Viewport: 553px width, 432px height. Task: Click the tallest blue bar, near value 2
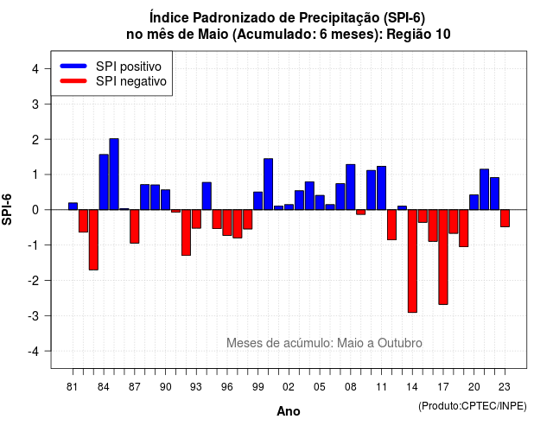click(114, 175)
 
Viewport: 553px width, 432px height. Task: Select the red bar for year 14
click(412, 261)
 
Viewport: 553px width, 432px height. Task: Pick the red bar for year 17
click(443, 257)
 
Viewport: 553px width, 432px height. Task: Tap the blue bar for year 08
click(351, 187)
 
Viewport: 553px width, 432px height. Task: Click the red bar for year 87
click(135, 226)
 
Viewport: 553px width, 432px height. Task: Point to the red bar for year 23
click(505, 219)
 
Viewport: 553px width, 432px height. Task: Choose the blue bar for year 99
click(257, 200)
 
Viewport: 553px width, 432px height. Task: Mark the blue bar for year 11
click(382, 188)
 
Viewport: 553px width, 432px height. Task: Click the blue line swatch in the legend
click(73, 66)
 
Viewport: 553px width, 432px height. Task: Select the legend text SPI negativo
click(131, 81)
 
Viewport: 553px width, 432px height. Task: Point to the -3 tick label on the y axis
click(34, 316)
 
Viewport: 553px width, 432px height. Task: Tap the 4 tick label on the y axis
click(35, 69)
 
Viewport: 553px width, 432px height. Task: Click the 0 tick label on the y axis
click(35, 210)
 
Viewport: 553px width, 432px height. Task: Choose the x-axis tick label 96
click(227, 387)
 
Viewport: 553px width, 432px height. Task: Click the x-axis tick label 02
click(289, 387)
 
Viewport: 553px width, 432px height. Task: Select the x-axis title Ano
click(289, 411)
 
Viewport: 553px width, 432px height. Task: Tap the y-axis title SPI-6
click(7, 209)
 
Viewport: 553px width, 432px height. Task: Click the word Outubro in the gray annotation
click(399, 343)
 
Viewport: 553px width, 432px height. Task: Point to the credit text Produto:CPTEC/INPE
click(473, 406)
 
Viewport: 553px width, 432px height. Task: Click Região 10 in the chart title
click(418, 35)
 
